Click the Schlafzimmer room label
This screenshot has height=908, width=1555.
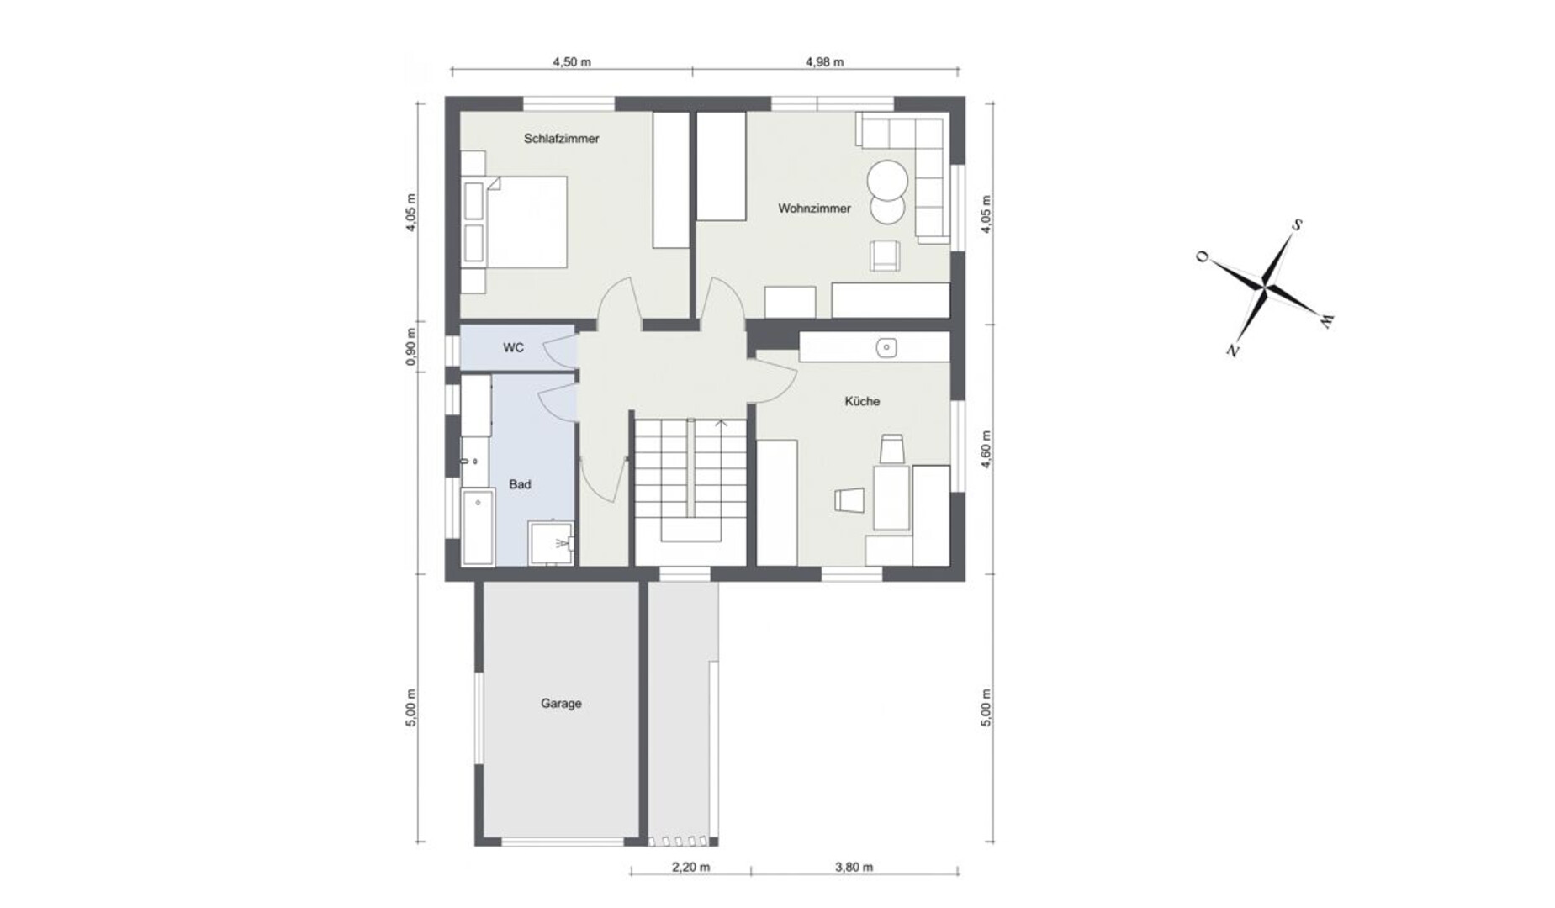561,139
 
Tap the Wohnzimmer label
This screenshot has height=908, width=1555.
814,209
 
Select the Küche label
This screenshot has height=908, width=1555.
862,402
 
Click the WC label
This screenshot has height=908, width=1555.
513,347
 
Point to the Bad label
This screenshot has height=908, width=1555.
520,485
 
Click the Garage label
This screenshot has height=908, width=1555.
561,704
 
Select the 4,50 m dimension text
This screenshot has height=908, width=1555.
571,61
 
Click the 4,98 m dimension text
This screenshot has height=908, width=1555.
824,61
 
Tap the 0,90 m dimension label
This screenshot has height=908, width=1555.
410,346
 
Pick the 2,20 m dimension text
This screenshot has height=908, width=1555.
690,868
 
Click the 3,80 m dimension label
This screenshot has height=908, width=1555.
854,868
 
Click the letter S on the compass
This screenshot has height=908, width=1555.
1298,225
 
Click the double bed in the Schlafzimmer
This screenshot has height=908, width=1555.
514,222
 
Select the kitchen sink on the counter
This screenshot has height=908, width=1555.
886,347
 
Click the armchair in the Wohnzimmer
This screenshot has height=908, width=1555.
884,256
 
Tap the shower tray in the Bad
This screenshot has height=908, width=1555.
550,543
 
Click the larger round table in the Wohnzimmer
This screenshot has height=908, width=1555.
887,179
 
